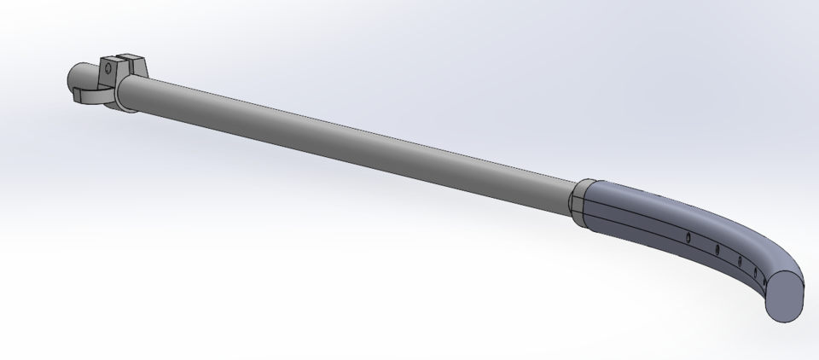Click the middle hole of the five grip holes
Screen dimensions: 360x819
pos(717,249)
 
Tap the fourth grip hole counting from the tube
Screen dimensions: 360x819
pos(740,261)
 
